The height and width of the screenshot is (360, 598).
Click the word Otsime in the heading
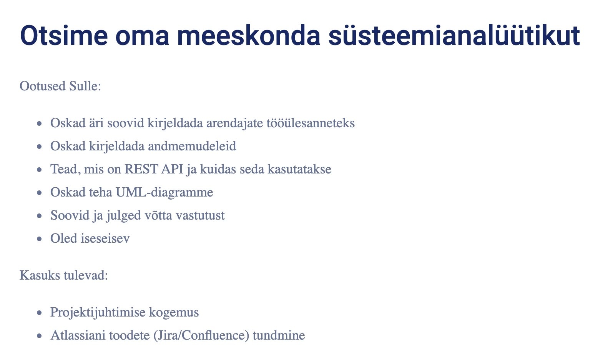(64, 35)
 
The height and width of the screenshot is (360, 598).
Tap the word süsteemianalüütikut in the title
(454, 35)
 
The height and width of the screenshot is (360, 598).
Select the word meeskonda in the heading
(249, 35)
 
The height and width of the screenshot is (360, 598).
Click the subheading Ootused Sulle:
(60, 86)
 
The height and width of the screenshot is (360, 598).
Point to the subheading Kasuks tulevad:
(64, 275)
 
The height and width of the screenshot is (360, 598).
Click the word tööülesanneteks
(311, 123)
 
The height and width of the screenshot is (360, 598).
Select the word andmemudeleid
(192, 146)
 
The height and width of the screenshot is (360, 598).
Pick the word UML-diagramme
(164, 192)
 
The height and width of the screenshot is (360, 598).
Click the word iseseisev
(105, 238)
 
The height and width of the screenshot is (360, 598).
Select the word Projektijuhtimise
(98, 312)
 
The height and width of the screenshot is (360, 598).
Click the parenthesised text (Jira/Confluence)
(201, 335)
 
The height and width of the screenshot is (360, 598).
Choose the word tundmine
(279, 335)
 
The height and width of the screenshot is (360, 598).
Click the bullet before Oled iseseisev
(40, 239)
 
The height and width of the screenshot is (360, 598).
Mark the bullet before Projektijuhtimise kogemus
(40, 312)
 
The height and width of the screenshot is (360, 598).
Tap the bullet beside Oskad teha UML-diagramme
(40, 193)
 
